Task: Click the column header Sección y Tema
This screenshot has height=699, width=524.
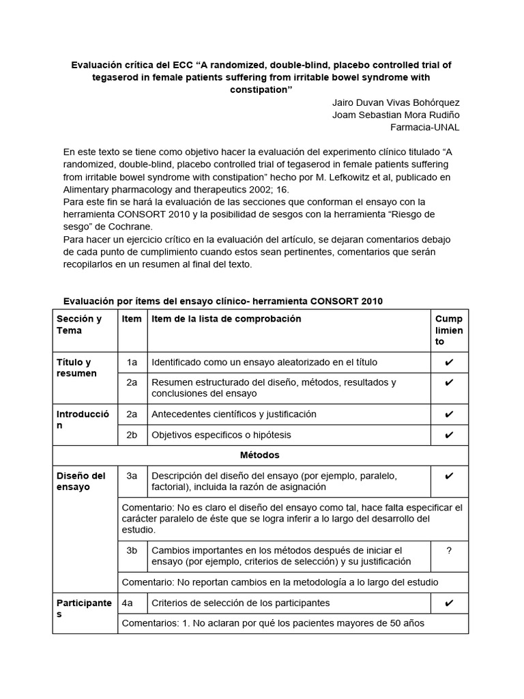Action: (79, 325)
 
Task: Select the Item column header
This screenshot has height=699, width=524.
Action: (132, 319)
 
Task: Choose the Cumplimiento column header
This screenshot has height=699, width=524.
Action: (449, 330)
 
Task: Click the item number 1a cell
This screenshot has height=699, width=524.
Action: (132, 362)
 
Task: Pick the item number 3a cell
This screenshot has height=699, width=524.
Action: (132, 476)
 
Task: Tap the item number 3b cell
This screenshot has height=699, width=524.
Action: (132, 550)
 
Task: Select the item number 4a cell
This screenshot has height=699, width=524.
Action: (127, 603)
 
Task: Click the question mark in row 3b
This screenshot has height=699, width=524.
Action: (449, 550)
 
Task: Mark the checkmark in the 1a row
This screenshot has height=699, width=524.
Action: (449, 362)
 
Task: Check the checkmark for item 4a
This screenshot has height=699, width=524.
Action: (449, 603)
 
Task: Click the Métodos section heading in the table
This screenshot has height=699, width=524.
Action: (260, 455)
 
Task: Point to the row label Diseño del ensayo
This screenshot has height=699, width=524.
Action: (81, 481)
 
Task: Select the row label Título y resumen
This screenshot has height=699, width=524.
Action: (76, 368)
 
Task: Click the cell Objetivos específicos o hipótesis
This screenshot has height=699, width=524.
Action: (221, 435)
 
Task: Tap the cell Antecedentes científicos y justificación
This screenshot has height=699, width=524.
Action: (233, 414)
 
